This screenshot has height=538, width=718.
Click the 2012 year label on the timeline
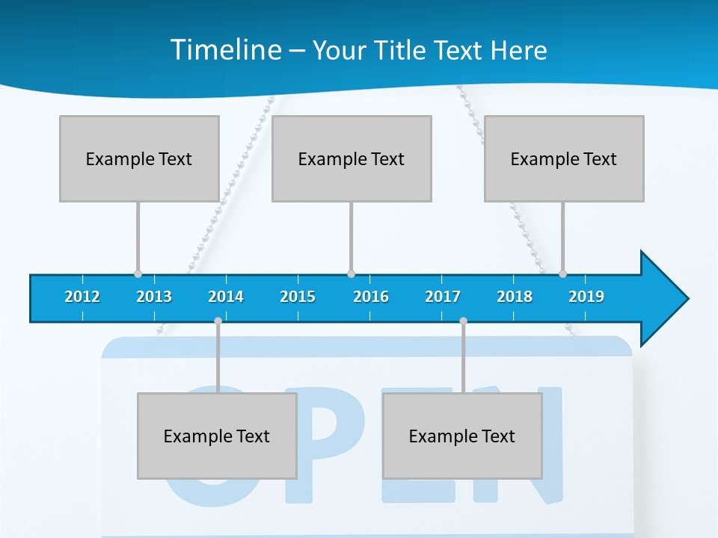(x=82, y=297)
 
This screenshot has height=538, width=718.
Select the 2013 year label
(x=154, y=297)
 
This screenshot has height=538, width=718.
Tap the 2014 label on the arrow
(x=226, y=297)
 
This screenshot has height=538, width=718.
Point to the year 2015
(x=298, y=297)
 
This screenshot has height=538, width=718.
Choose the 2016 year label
(x=371, y=297)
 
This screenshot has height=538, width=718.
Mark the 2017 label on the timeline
(x=443, y=297)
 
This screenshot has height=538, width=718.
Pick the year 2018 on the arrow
(x=515, y=297)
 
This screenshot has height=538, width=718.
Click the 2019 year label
(x=586, y=297)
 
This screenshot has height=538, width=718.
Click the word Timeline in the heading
(x=224, y=50)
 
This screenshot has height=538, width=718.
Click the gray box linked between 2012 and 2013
(x=139, y=158)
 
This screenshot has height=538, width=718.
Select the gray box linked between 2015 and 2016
(x=352, y=158)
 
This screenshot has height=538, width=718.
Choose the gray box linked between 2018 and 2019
(x=564, y=158)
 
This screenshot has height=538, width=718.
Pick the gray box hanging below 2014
(x=217, y=436)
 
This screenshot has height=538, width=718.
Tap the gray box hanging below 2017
(x=462, y=436)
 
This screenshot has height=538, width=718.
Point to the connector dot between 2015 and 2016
(x=351, y=273)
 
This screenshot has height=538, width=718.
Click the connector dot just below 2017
(x=463, y=321)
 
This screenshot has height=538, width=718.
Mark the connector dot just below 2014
(x=218, y=321)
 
